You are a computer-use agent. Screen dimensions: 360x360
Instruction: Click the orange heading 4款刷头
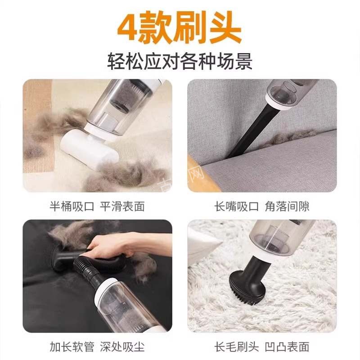point(180,28)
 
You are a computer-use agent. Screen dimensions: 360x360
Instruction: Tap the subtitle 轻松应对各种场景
point(180,61)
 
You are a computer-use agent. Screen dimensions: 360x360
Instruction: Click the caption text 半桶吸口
point(71,206)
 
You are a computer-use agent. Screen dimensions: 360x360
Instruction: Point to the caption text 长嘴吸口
point(237,206)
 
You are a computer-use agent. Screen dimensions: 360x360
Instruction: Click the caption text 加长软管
point(71,346)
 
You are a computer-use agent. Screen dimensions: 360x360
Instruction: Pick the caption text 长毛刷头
point(237,346)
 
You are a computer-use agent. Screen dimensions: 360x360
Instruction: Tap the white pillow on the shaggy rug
point(202,245)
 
